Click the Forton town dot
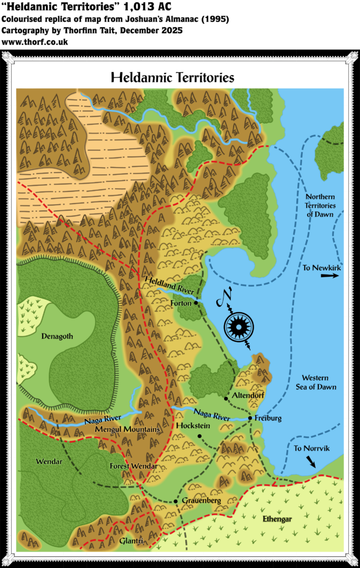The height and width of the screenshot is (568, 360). (x=196, y=303)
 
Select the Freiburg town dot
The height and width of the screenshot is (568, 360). (x=250, y=418)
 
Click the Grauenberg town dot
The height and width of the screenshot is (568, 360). (x=176, y=501)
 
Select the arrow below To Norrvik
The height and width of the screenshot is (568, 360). (x=312, y=461)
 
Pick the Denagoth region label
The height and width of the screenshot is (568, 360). (x=58, y=336)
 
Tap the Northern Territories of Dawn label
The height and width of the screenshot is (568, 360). (x=321, y=205)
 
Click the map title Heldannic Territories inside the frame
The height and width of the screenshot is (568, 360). (x=173, y=77)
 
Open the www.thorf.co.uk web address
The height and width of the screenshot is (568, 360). (x=35, y=42)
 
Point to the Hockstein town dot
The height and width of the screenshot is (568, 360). (x=199, y=436)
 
